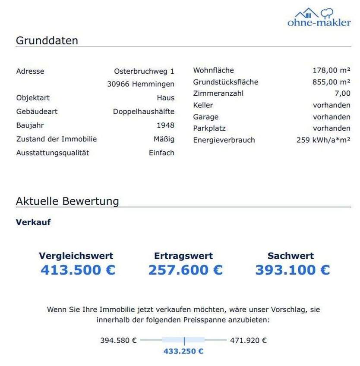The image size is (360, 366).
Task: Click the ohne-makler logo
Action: [319, 18]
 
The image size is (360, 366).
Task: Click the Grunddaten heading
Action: [47, 41]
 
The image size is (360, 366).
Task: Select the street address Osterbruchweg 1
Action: [144, 71]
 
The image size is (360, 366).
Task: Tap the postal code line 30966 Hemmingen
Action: [141, 84]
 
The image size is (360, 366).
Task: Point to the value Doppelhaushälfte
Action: [144, 112]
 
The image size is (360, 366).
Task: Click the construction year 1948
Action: [166, 125]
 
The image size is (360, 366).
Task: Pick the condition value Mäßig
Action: [164, 139]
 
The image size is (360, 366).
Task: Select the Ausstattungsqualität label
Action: [53, 153]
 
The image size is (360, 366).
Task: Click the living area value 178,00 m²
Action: [331, 70]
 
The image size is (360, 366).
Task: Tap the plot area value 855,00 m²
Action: [331, 82]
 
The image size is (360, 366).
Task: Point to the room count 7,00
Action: [342, 94]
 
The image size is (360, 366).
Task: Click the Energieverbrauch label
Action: [224, 140]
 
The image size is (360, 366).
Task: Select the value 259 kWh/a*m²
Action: [323, 140]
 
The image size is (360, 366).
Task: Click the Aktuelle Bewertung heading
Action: [67, 201]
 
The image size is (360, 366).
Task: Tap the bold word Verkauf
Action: [33, 222]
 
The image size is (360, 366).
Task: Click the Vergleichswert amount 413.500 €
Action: [78, 270]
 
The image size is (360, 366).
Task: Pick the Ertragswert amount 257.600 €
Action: [186, 270]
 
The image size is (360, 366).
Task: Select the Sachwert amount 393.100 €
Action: [292, 270]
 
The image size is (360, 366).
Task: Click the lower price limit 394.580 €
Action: [118, 341]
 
